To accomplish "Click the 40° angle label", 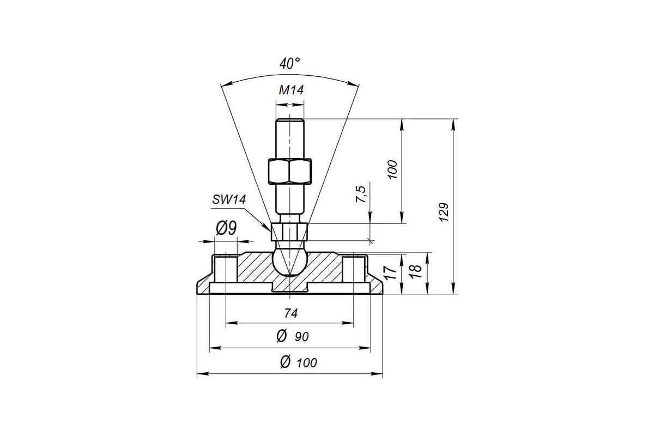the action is [x=289, y=64].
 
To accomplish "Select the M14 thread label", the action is [x=291, y=90].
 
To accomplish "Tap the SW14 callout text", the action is [x=229, y=200].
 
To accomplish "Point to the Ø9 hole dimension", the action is [x=226, y=228].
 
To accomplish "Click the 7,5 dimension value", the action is [x=361, y=194].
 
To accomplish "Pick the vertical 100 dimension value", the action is [x=392, y=169].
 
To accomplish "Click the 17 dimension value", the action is [x=390, y=272].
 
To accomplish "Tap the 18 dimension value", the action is [x=415, y=271].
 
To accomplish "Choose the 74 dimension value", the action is [x=291, y=313].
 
